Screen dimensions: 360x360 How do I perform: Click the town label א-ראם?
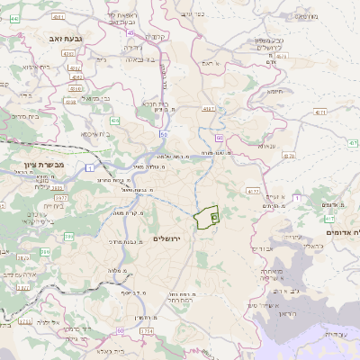[x=210, y=64]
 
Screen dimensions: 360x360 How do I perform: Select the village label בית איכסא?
[x=95, y=134]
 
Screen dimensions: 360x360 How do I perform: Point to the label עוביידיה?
[x=334, y=334]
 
